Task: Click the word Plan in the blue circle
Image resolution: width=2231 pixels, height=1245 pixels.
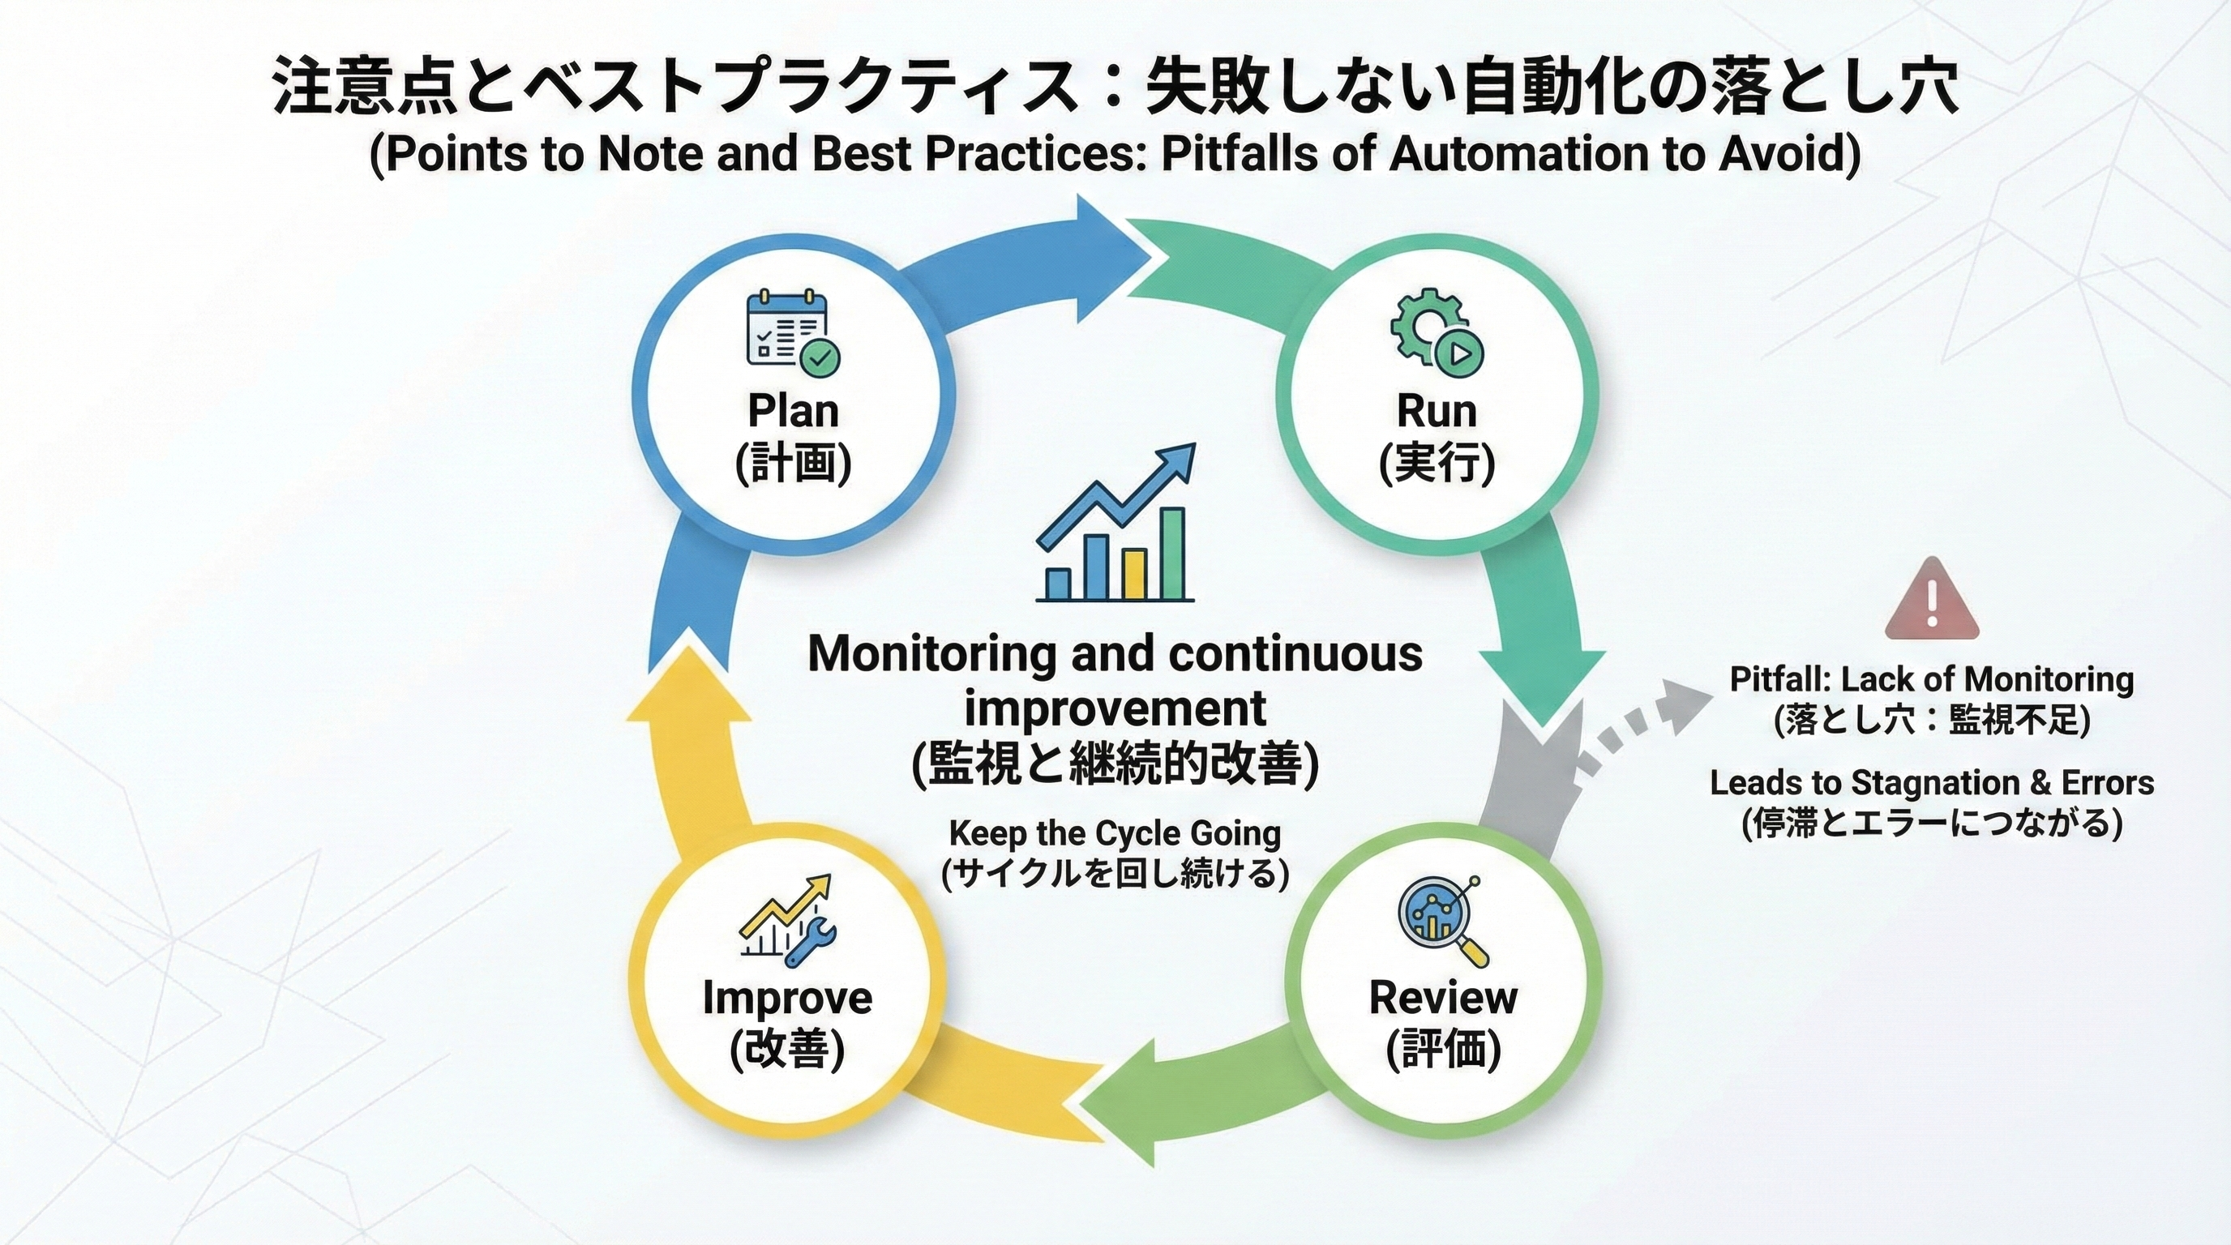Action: coord(794,410)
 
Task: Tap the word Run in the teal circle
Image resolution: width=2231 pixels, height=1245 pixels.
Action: coord(1437,410)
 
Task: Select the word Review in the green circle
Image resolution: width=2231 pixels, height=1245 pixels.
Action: coord(1443,998)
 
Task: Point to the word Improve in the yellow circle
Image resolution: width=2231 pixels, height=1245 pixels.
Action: coord(787,998)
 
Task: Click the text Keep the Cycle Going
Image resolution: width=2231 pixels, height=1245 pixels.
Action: coord(1115,833)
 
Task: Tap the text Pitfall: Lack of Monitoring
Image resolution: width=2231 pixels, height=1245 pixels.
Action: coord(1931,679)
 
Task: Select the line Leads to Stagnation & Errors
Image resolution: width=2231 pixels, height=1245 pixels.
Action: coord(1931,783)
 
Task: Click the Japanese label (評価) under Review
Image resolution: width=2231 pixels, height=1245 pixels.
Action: coord(1443,1050)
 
